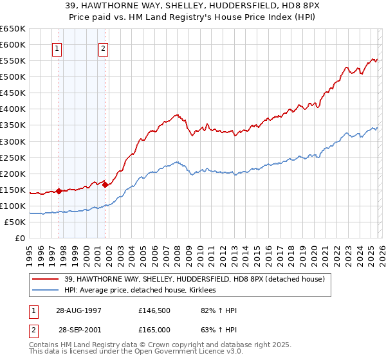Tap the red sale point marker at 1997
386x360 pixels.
[59, 191]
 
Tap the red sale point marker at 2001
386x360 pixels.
[105, 184]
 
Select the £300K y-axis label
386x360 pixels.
[13, 141]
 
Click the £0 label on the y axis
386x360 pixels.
[20, 238]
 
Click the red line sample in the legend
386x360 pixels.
[45, 279]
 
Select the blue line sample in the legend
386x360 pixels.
[45, 290]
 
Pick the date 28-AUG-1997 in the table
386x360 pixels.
[80, 310]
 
